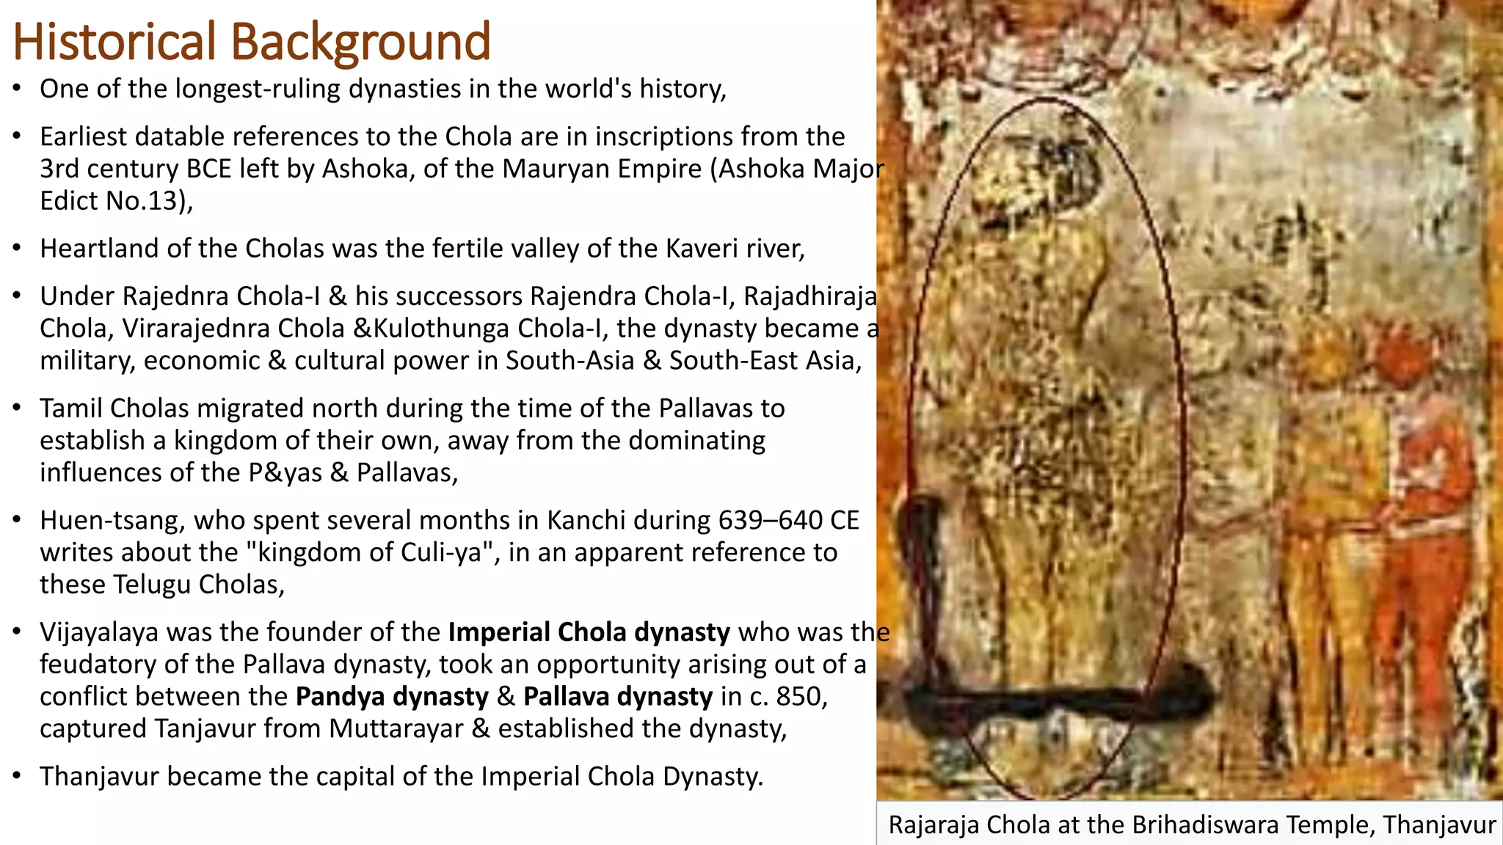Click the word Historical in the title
point(114,42)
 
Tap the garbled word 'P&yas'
point(285,472)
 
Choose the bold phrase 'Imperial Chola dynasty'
point(589,632)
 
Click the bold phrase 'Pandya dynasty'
point(392,696)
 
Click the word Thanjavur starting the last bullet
point(99,776)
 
